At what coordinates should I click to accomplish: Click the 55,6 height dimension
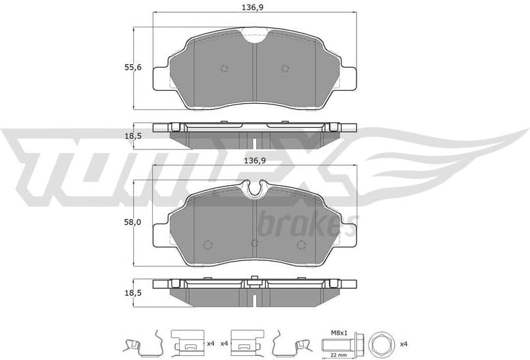[133, 68]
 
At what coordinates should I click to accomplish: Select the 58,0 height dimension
[133, 223]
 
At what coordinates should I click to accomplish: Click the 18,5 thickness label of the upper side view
[133, 136]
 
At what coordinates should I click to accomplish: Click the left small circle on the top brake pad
[223, 68]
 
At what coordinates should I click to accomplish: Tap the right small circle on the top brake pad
[285, 68]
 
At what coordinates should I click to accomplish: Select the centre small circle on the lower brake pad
[255, 243]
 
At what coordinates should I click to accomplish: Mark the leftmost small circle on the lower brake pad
[208, 245]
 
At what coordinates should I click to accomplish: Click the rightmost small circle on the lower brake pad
[301, 245]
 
